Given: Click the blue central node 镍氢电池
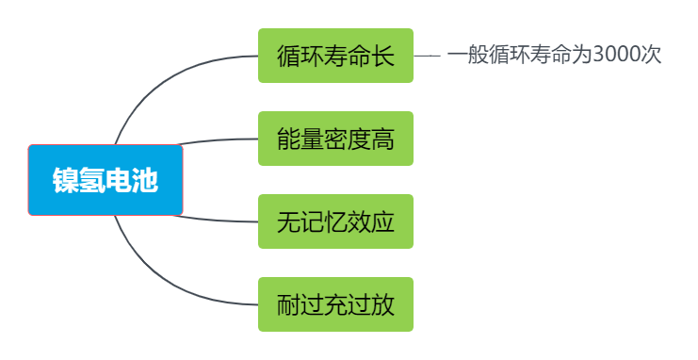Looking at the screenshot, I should [x=106, y=180].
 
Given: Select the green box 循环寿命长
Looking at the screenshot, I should [x=335, y=56].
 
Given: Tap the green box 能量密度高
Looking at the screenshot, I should [x=335, y=139].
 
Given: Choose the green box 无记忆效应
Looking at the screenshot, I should [x=335, y=221].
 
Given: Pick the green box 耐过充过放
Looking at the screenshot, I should [x=335, y=304].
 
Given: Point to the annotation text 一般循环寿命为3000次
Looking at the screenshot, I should [x=555, y=55].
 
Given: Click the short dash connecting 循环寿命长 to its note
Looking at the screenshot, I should [x=427, y=56].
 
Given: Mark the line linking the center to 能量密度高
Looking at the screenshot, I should [x=217, y=141].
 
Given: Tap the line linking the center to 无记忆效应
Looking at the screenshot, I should [x=217, y=220].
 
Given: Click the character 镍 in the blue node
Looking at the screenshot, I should [x=66, y=180].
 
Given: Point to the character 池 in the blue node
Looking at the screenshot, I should [x=145, y=180].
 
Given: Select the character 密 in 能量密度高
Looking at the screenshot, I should [x=335, y=139].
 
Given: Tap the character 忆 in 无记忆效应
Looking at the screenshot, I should [x=335, y=221].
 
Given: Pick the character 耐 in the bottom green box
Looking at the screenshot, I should [x=288, y=304].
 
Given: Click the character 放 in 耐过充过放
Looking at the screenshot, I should [x=382, y=304].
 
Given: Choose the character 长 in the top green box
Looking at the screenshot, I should [x=382, y=56].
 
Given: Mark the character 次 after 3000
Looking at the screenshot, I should [x=652, y=55].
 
